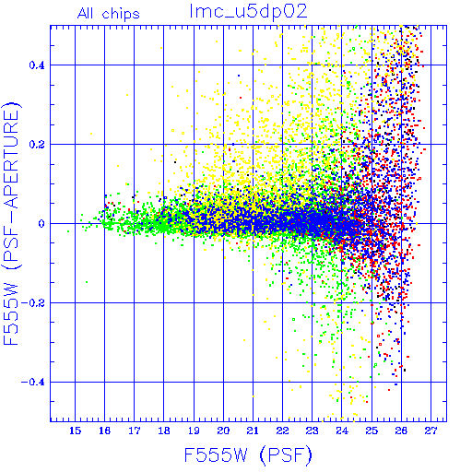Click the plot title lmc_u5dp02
click(x=248, y=11)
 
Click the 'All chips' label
click(x=109, y=14)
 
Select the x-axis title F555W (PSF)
click(x=248, y=455)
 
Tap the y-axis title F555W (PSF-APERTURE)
click(x=11, y=223)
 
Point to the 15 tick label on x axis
click(x=75, y=431)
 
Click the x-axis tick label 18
click(x=164, y=431)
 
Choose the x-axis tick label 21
click(x=253, y=431)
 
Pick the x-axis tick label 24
click(x=342, y=431)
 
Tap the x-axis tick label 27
click(x=431, y=431)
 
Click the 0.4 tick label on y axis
click(x=37, y=65)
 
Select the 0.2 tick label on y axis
click(x=37, y=145)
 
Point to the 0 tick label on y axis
click(x=41, y=223)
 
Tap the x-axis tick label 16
click(x=104, y=431)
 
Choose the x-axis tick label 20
click(x=223, y=431)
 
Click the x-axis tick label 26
click(x=401, y=431)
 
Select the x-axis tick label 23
click(x=312, y=431)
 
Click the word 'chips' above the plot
click(x=121, y=15)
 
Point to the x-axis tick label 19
click(x=194, y=431)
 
